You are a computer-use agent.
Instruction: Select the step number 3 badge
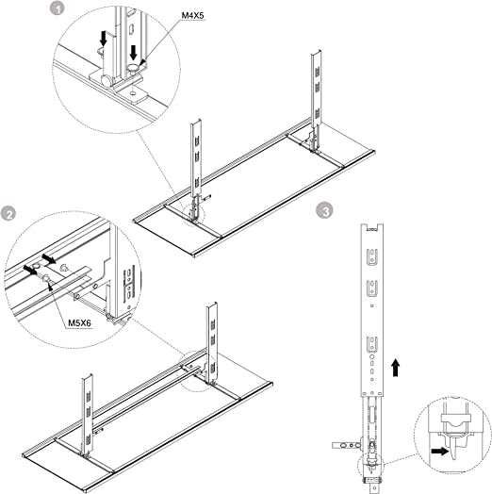pos(324,212)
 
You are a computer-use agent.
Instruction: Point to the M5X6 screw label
pos(80,321)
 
